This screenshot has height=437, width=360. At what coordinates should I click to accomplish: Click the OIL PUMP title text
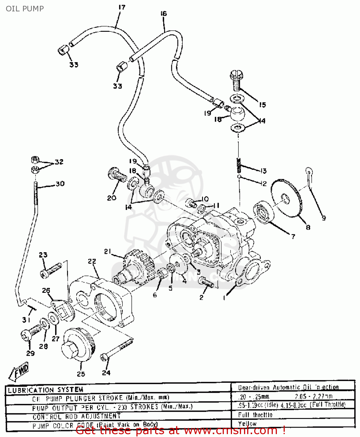(25, 9)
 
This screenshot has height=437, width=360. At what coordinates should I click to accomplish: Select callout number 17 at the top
(122, 7)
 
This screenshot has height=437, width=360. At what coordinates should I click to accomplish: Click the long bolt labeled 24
(117, 350)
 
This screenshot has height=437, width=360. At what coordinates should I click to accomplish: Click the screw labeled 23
(51, 270)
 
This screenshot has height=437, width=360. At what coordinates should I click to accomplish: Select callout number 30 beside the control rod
(60, 184)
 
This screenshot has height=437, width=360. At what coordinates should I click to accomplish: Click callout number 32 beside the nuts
(59, 162)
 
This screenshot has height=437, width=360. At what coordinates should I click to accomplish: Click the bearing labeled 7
(263, 212)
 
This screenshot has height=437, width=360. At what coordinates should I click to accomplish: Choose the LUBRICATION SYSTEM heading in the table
(45, 390)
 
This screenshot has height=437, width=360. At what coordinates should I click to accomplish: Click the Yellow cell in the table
(247, 424)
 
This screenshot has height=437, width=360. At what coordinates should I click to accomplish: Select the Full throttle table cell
(255, 415)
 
